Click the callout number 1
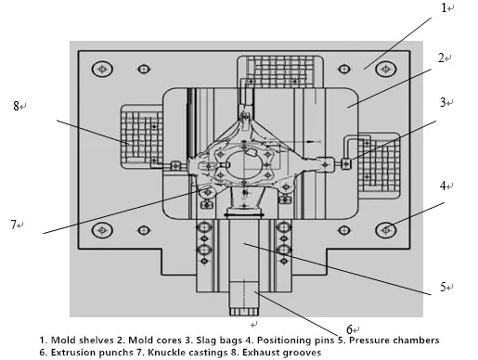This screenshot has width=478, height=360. tap(444, 8)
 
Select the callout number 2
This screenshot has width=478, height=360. tap(444, 58)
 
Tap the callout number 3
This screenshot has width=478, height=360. tap(444, 103)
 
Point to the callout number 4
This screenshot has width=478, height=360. tap(444, 186)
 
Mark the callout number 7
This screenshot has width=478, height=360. tap(15, 225)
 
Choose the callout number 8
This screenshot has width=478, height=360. tap(17, 107)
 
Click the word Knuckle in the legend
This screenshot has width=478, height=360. tap(160, 354)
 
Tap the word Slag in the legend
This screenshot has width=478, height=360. tap(197, 340)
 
